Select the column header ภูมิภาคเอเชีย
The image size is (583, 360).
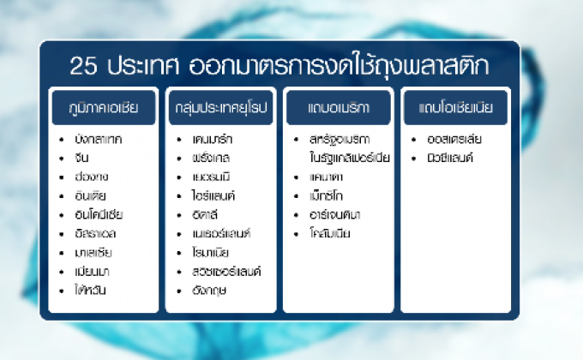point(103,109)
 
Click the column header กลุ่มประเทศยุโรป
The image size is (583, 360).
point(221,109)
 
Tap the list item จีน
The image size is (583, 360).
point(82,158)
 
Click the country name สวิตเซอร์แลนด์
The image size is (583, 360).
point(227,271)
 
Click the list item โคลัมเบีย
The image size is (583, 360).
point(332,233)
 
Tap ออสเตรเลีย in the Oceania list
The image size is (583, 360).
point(452,139)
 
